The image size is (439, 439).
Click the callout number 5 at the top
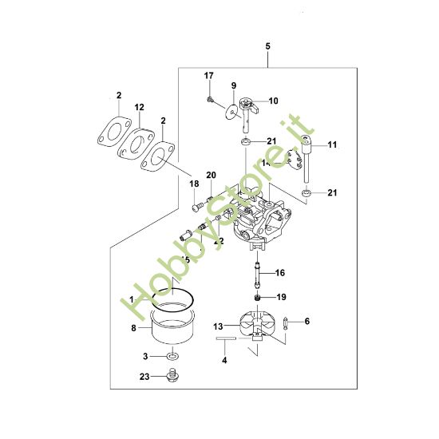click(268, 47)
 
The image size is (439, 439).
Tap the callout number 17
click(209, 76)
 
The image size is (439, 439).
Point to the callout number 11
click(332, 144)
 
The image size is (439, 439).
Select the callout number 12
click(139, 107)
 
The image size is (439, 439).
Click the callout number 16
click(279, 273)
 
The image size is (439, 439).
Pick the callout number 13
click(218, 326)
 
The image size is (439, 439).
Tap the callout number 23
click(144, 376)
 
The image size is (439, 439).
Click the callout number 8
click(134, 326)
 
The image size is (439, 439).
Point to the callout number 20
click(212, 175)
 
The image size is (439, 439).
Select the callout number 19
click(280, 297)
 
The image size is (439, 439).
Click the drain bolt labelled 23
click(170, 376)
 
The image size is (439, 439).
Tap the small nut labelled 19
click(258, 297)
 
